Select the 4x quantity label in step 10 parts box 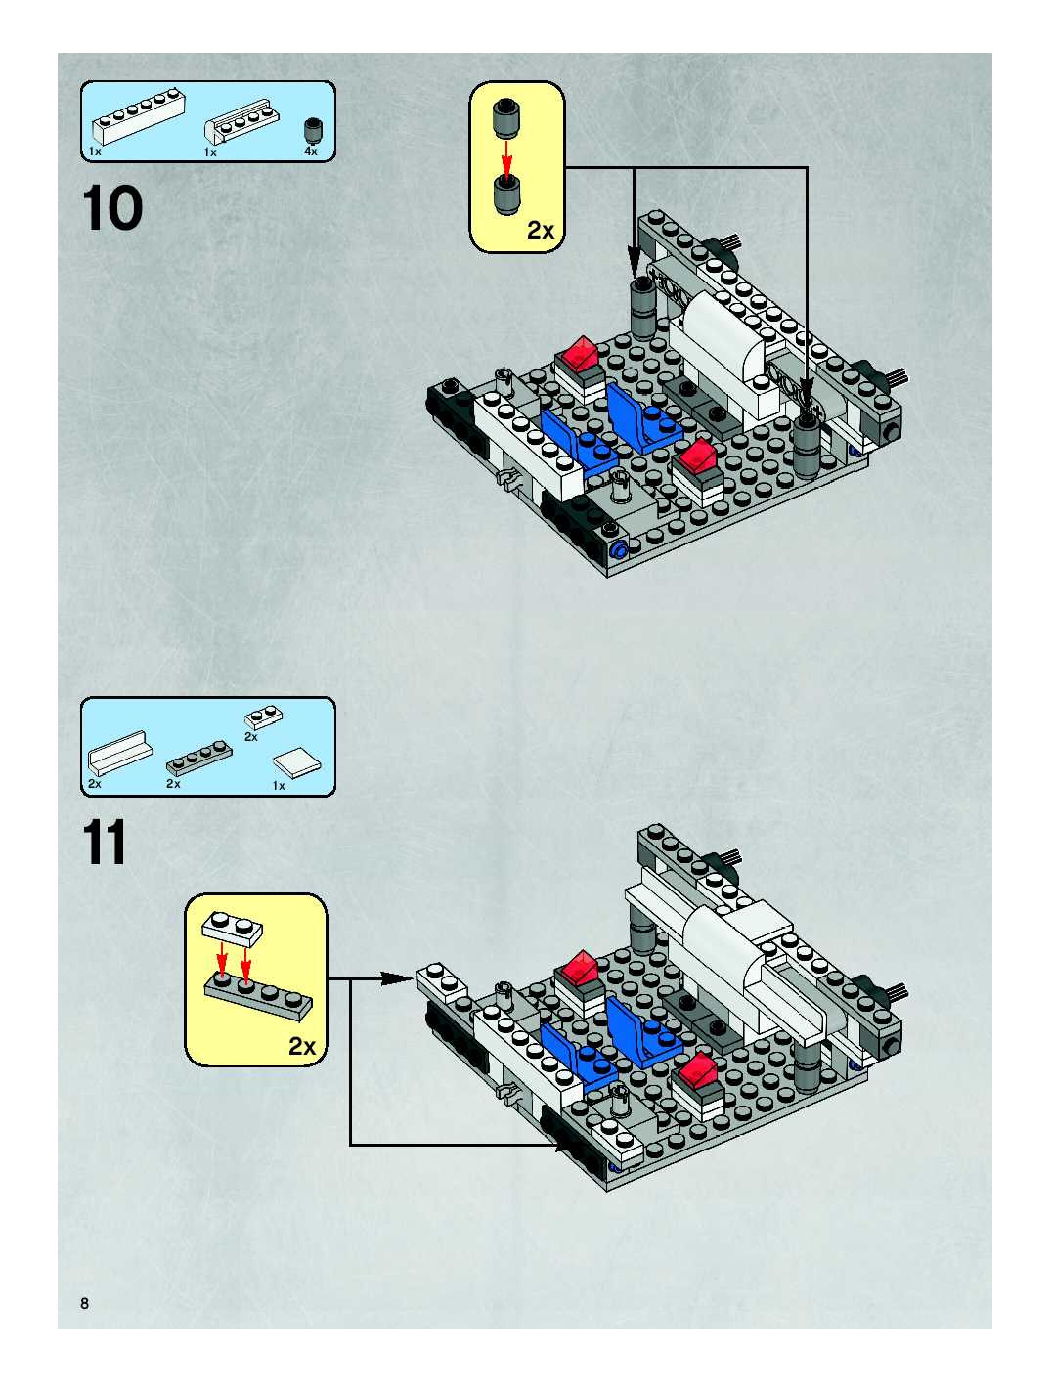click(311, 152)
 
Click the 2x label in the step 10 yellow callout click(540, 231)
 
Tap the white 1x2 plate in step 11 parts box click(263, 716)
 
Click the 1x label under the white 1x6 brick click(95, 152)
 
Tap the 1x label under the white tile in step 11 click(278, 785)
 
